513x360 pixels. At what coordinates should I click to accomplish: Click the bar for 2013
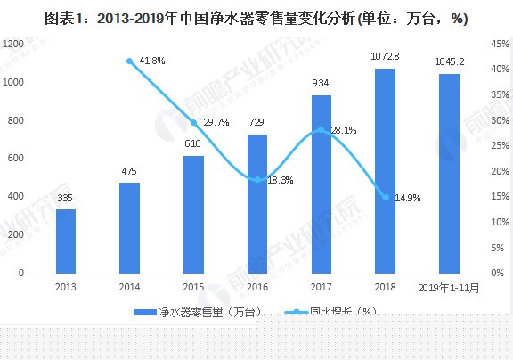pos(66,241)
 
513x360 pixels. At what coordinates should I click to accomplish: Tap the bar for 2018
pos(385,170)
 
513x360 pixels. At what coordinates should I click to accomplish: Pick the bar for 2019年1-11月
pos(450,173)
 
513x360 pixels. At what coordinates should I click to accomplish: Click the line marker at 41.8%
pos(130,61)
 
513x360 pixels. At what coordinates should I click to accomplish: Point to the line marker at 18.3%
pos(257,180)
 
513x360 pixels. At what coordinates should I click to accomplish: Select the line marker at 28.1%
pos(322,130)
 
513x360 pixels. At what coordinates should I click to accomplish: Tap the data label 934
pos(322,83)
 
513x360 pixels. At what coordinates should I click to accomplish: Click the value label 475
pos(130,171)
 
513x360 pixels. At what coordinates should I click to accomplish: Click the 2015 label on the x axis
pos(193,287)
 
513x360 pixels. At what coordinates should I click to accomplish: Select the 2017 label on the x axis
pos(322,287)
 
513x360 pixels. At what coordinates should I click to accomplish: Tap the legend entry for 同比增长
pos(344,311)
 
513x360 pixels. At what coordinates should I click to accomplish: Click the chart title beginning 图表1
pos(256,18)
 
